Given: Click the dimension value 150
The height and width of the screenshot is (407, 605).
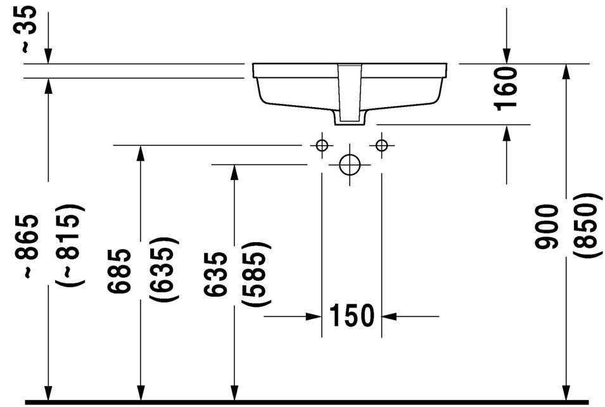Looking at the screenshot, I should (x=352, y=316).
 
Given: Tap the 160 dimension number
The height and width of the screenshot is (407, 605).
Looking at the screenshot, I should (x=507, y=88).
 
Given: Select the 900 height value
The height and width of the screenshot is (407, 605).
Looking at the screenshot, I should (x=547, y=227).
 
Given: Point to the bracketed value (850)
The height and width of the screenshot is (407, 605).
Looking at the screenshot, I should (x=585, y=227).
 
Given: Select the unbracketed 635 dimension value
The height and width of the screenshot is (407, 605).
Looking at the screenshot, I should (x=216, y=275).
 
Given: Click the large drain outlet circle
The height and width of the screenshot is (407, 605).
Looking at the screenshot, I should (x=349, y=165).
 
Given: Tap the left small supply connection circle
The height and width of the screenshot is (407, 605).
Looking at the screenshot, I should (x=322, y=146).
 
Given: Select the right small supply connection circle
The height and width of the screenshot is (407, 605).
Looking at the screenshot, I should (x=381, y=146).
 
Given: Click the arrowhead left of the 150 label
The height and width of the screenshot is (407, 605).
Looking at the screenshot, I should (x=314, y=316).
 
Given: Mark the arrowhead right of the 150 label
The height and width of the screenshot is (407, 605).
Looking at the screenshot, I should (x=389, y=316).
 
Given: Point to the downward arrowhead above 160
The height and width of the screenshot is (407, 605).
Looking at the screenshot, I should (x=506, y=56).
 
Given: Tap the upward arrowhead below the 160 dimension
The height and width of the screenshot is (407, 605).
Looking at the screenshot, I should (x=506, y=132).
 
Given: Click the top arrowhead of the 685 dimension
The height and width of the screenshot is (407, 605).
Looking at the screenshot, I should (x=141, y=153).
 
